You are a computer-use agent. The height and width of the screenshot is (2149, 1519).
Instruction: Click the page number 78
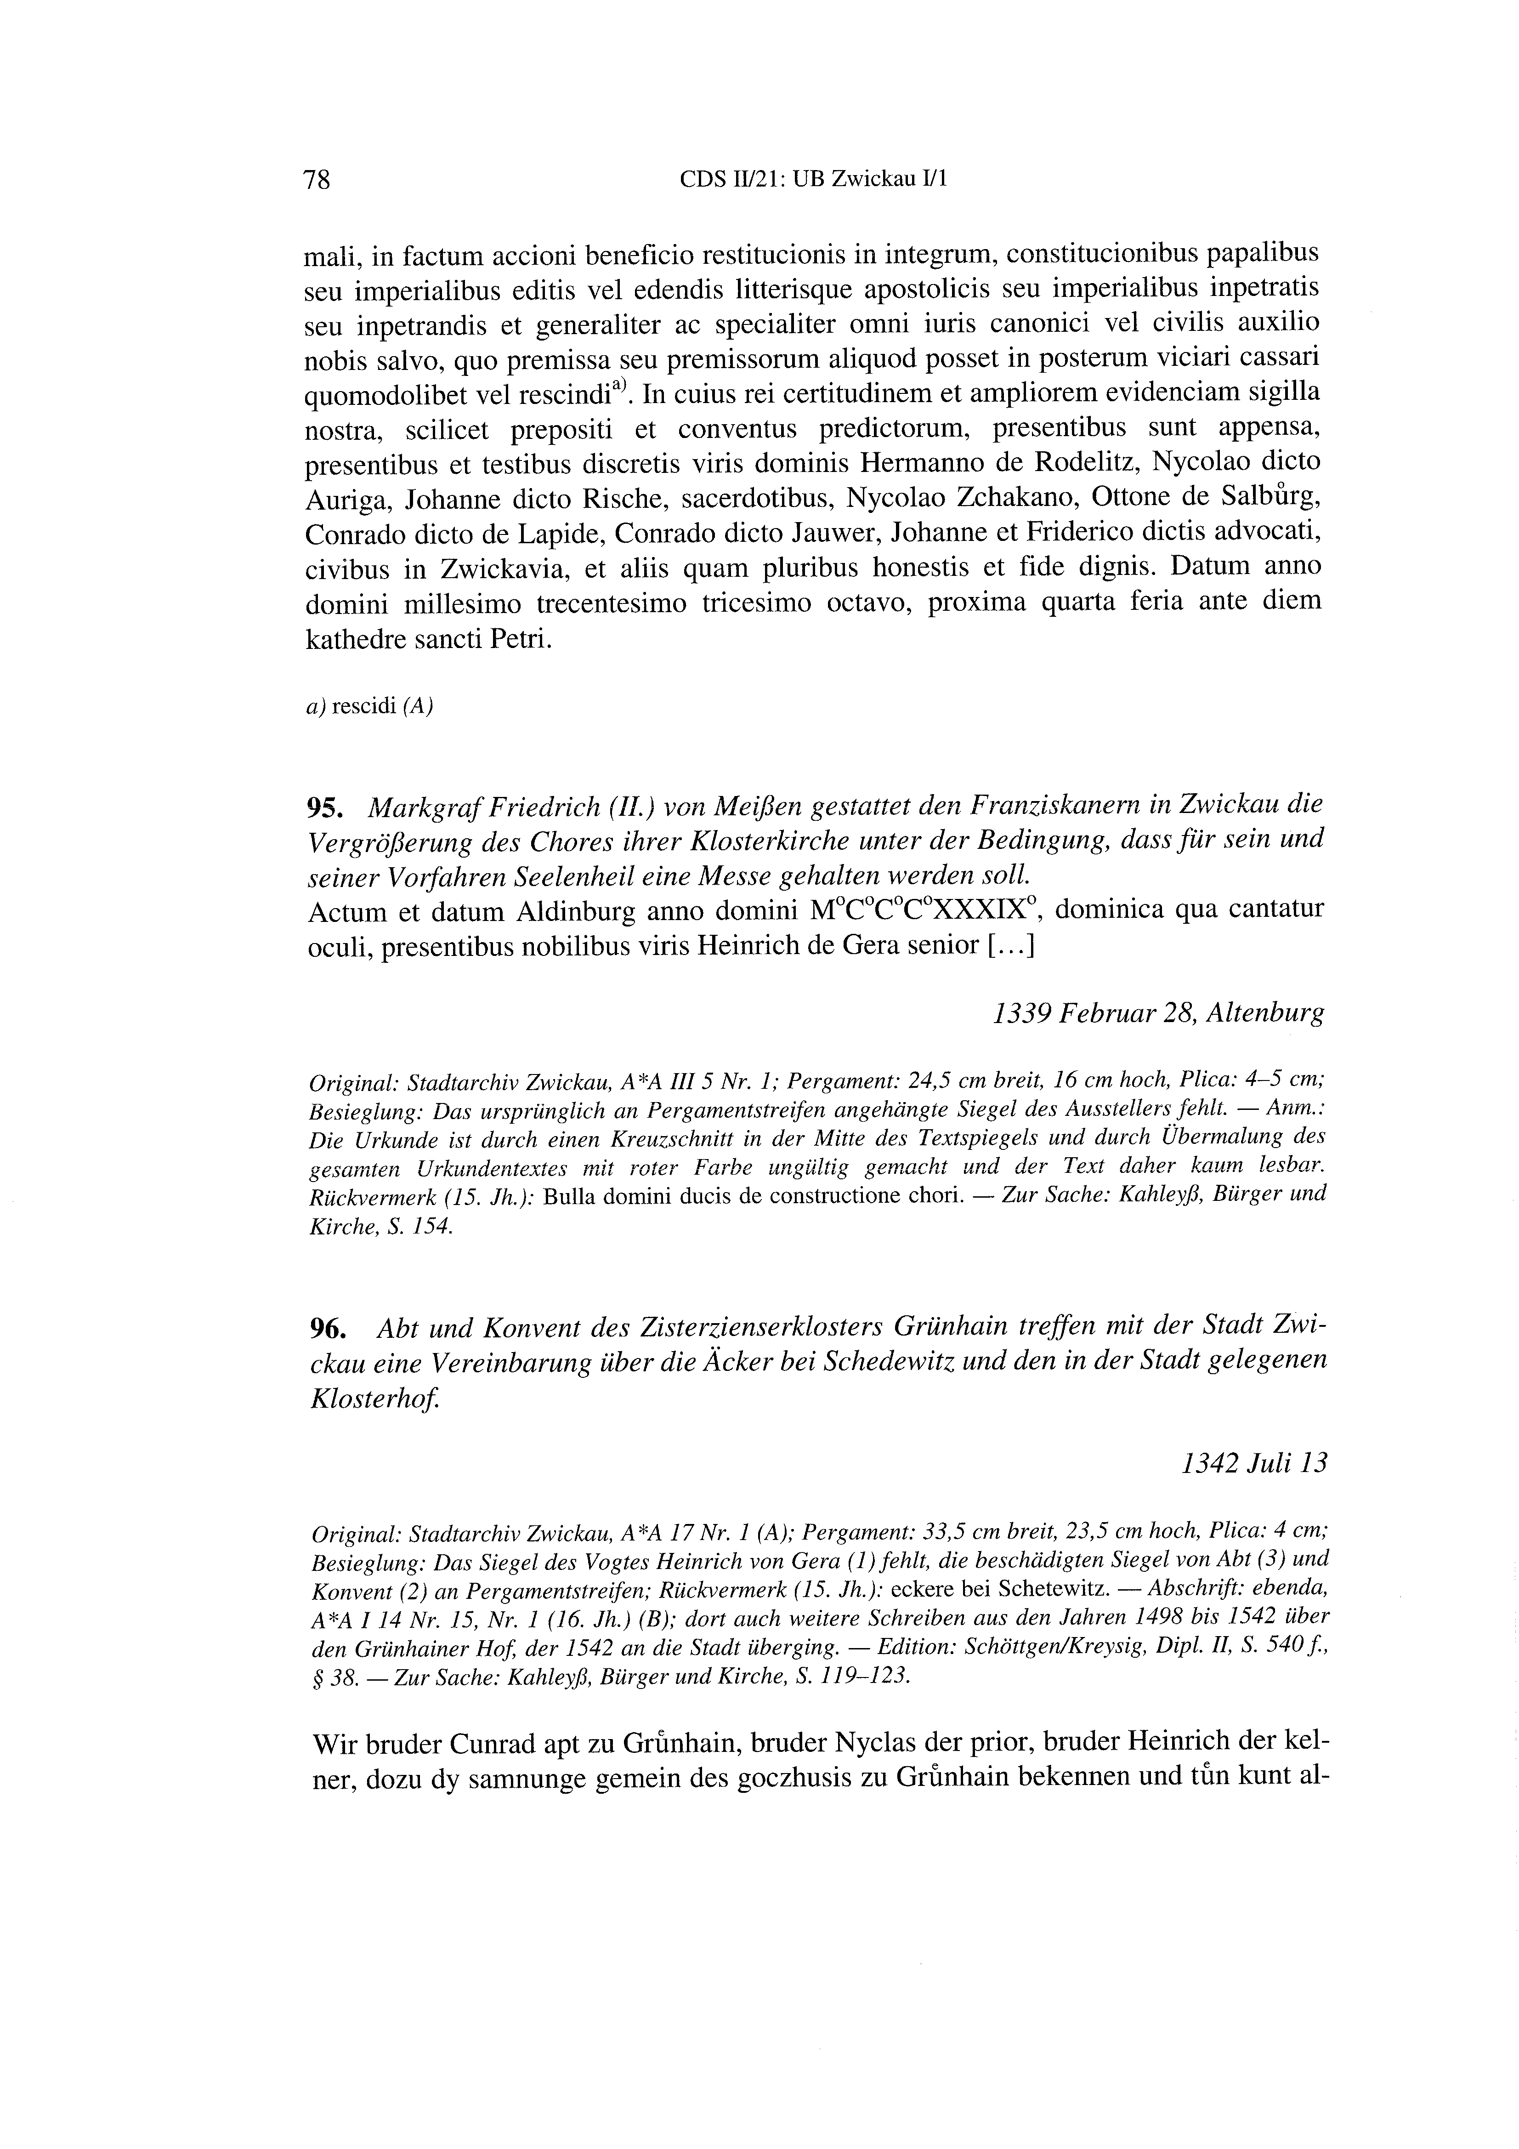point(317,180)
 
